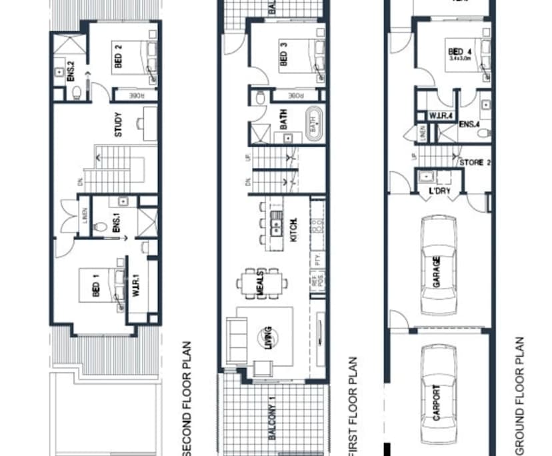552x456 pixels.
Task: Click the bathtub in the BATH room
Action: [x=313, y=124]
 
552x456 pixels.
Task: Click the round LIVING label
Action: [x=267, y=337]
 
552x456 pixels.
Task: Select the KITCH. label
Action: [x=293, y=229]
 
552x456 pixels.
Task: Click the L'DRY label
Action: [x=441, y=192]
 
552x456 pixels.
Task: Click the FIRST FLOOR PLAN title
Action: [x=352, y=407]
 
